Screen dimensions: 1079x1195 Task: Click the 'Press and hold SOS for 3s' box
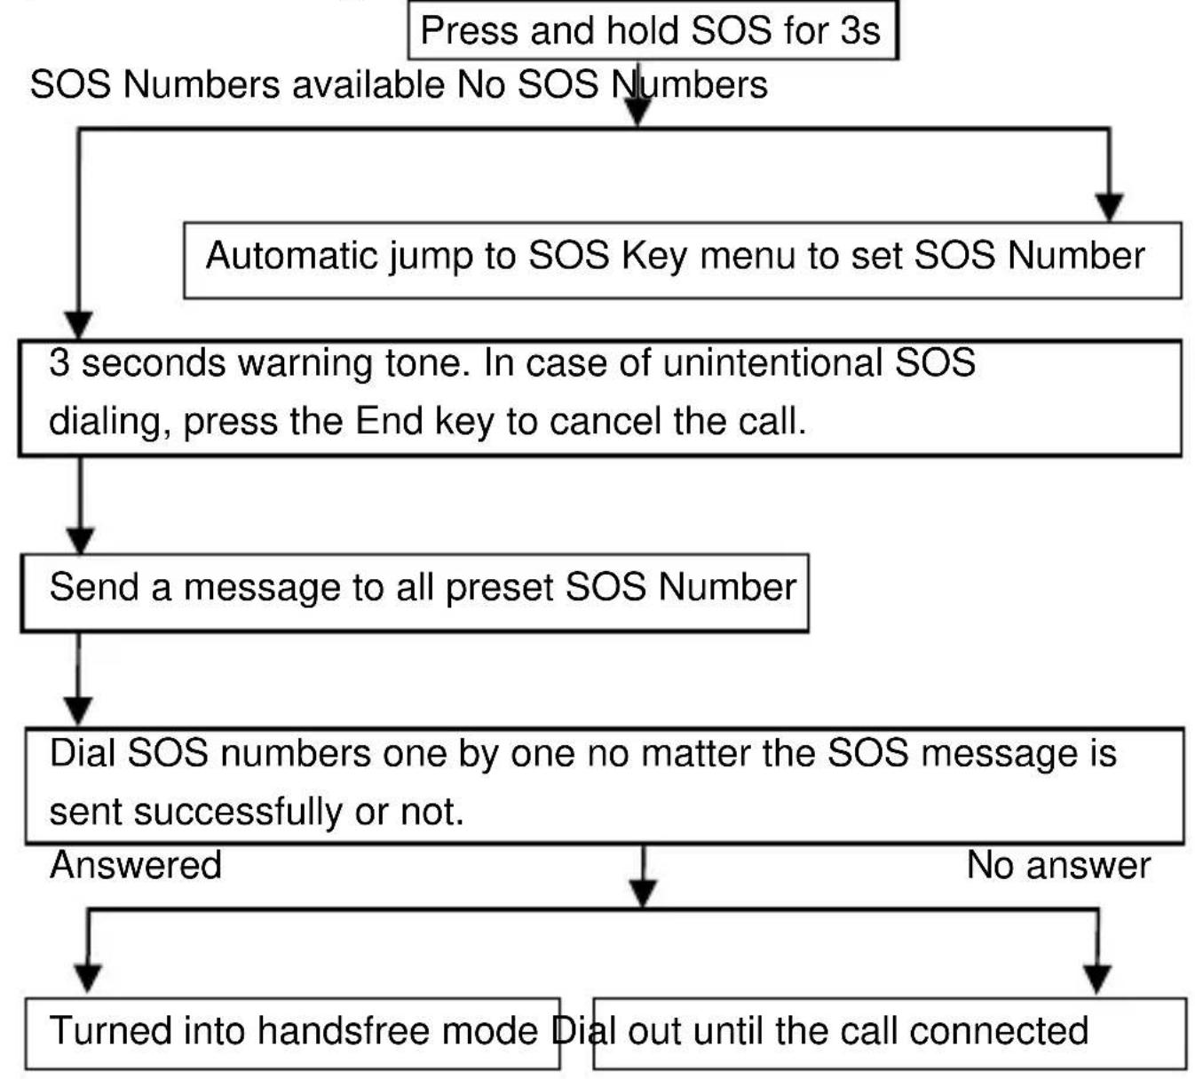[x=653, y=31]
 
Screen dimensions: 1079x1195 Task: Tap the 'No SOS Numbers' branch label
[x=612, y=85]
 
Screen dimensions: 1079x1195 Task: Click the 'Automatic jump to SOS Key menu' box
[x=682, y=259]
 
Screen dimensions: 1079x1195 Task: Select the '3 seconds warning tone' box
[x=599, y=397]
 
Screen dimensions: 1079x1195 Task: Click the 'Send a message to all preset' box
[x=415, y=592]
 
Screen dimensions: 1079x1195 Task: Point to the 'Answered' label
[x=136, y=865]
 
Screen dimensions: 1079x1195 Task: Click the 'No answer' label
[x=1058, y=865]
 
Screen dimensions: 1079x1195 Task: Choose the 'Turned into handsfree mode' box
[x=292, y=1033]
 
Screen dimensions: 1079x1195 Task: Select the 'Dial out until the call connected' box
[x=889, y=1033]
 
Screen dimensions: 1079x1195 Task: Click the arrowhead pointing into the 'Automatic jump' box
[x=1109, y=207]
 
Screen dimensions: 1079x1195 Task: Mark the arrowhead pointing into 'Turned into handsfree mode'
[x=87, y=978]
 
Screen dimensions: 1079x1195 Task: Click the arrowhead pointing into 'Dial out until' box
[x=1098, y=978]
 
